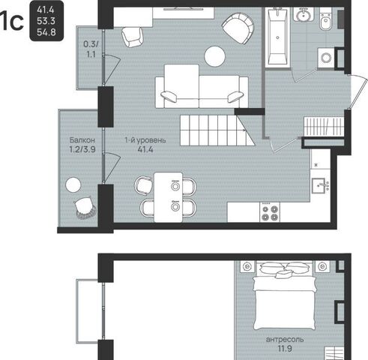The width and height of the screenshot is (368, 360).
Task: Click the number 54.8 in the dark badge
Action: coord(46,32)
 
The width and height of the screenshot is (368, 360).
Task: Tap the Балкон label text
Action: coord(82,140)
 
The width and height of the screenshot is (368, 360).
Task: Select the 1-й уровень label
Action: coord(145,140)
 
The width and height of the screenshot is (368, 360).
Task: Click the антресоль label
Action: coord(285,340)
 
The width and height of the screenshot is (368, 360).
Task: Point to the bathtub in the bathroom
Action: coord(277,37)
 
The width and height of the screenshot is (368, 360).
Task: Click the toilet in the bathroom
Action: coord(325,19)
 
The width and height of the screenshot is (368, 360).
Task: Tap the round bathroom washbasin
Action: coord(304,14)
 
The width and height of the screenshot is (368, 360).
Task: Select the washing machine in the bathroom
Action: coord(326,58)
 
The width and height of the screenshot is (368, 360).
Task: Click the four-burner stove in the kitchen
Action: coord(270,212)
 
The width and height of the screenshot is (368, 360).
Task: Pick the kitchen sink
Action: coord(319,186)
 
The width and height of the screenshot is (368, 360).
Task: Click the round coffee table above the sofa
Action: coord(215,56)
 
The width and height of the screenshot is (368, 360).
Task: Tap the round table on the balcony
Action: coord(73,184)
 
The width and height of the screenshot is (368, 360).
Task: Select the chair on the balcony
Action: coord(85,207)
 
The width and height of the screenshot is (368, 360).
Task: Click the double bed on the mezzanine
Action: coord(285,295)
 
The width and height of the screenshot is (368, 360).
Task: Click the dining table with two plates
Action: coord(169,197)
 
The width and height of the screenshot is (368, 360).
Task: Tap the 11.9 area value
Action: coord(285,349)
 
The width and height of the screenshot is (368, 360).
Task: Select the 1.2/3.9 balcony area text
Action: coord(82,149)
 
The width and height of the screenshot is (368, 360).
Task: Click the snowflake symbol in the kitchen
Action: coord(316,165)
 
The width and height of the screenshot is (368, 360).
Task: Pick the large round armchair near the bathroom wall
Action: coord(238,28)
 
